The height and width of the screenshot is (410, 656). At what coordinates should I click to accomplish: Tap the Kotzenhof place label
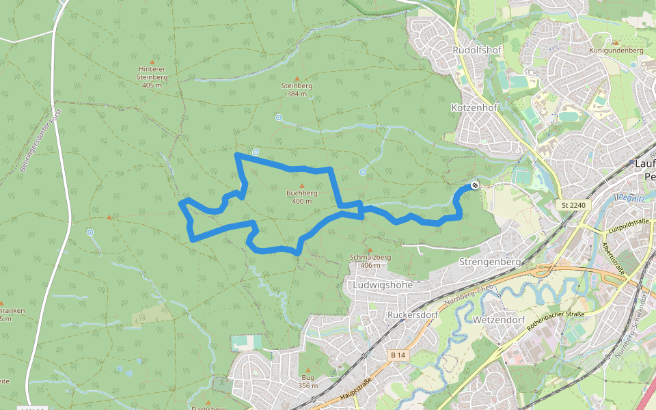pos(474,108)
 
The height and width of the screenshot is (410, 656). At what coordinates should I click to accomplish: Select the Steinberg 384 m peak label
pos(297,90)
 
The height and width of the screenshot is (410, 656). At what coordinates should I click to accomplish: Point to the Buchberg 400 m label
pos(301,197)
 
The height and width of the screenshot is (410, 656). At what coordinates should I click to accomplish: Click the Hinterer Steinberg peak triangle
pos(152,61)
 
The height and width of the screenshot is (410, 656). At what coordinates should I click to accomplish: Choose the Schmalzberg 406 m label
pos(370,260)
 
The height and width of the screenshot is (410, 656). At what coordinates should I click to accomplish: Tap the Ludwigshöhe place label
pos(384,284)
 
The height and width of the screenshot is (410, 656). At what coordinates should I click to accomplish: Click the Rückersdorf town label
pos(411,315)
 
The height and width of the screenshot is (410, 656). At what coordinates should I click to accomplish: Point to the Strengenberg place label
pos(490,262)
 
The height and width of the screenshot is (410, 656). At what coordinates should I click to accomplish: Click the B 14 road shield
pos(398,355)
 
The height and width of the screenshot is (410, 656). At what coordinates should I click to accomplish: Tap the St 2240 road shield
pos(574,205)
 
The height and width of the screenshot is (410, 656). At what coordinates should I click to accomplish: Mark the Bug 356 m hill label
pos(307,381)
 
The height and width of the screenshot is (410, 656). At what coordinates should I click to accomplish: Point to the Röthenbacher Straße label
pos(556,321)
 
